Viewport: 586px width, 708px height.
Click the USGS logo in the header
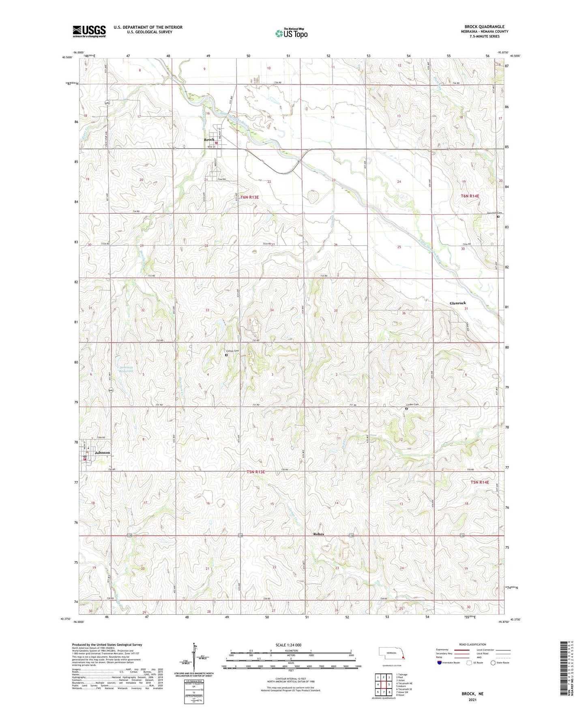[x=89, y=31]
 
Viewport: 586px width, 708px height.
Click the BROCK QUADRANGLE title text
[x=484, y=27]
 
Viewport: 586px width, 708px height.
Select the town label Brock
[x=209, y=139]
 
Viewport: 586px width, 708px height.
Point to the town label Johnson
[x=102, y=453]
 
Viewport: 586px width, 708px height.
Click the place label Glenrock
[x=458, y=303]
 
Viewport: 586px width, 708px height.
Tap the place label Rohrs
[x=319, y=534]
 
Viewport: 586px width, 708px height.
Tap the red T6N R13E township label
[x=249, y=197]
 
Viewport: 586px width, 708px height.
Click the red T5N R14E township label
[x=480, y=483]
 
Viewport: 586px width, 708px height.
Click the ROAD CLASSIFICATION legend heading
[x=472, y=644]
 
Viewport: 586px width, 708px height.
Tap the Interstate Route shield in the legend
[x=440, y=663]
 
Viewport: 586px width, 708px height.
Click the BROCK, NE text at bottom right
[x=472, y=694]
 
